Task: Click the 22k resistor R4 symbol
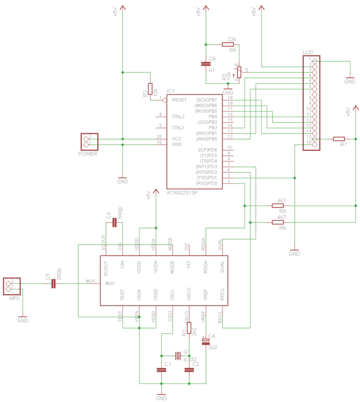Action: (227, 45)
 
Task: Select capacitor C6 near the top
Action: (205, 64)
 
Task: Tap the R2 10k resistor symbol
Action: (150, 88)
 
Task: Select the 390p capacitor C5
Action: (53, 284)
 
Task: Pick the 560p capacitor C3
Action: (114, 223)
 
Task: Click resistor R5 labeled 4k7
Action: (278, 206)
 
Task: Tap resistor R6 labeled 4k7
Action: (278, 222)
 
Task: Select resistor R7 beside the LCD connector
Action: (339, 139)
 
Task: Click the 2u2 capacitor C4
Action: (205, 342)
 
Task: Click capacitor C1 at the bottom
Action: (161, 370)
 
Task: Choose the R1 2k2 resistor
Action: (189, 328)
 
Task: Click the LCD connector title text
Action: (307, 52)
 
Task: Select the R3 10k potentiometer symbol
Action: (239, 72)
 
